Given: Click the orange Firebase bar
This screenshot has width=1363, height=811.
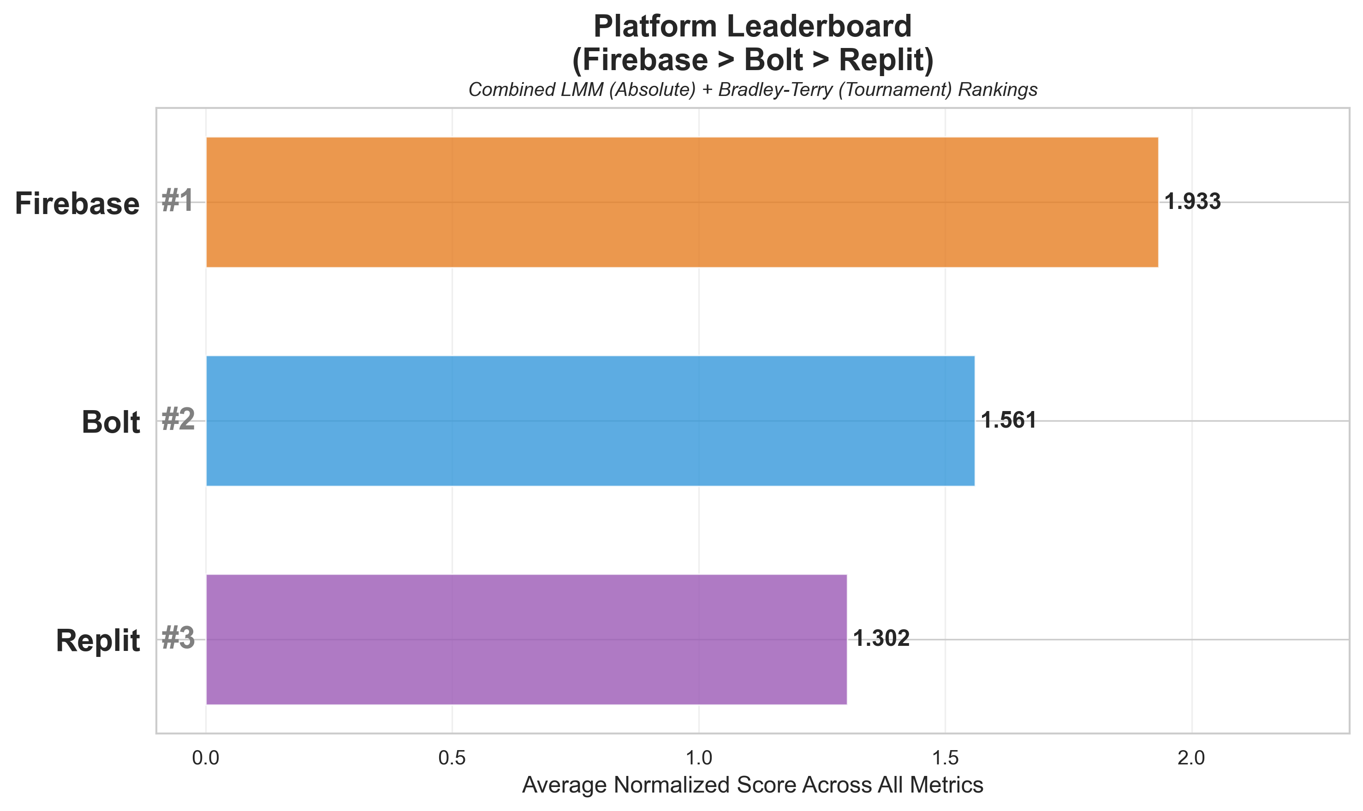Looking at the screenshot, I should click(682, 202).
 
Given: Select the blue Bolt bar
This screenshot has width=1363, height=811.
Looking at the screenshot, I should click(590, 421).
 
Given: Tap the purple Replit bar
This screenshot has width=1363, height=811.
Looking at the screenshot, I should click(526, 639).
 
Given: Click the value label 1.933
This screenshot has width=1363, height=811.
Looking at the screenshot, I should click(1192, 202).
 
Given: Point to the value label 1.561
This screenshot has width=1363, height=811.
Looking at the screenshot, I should click(1008, 421).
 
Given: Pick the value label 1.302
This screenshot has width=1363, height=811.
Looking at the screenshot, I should click(881, 639).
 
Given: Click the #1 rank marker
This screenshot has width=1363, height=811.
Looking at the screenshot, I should click(178, 201).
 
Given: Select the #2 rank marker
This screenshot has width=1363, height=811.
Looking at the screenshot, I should click(178, 420).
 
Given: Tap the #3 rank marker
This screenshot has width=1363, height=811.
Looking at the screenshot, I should click(178, 638).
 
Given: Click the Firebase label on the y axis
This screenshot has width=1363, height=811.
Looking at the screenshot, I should click(77, 204).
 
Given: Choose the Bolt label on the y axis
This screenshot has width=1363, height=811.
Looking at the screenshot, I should click(111, 423).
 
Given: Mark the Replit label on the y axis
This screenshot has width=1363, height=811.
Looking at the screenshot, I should click(98, 641).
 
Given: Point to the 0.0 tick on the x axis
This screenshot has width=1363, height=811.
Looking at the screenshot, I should click(206, 758).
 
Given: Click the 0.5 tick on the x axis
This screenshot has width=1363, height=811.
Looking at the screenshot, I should click(452, 758).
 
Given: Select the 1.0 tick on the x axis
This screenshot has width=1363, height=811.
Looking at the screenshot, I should click(699, 758).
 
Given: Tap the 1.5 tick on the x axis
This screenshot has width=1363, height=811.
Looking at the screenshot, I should click(945, 758).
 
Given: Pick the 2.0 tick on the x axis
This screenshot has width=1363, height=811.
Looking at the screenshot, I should click(1191, 758).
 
